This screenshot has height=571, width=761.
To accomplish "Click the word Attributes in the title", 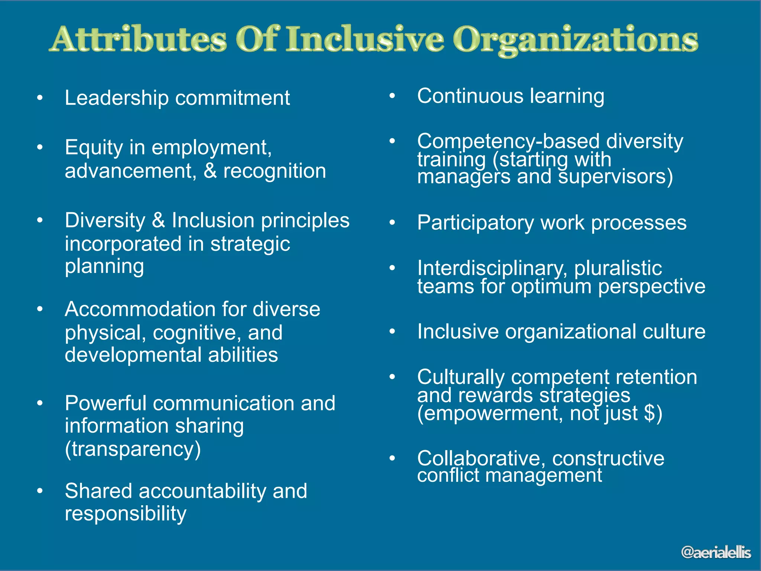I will click(138, 39).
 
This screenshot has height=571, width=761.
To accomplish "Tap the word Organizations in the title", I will click(575, 40).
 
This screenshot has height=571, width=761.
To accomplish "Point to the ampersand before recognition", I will click(210, 171).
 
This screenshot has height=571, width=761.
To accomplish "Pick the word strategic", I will click(250, 245).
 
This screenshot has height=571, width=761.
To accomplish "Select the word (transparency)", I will click(133, 449).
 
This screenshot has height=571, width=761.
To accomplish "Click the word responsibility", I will click(126, 514).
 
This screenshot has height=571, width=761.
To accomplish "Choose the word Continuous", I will click(470, 96).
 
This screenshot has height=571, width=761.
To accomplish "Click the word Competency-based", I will click(508, 142).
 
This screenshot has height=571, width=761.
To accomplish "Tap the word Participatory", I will click(475, 223).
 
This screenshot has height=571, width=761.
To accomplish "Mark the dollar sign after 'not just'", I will click(649, 413).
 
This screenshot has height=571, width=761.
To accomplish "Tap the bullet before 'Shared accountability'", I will click(40, 491).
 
